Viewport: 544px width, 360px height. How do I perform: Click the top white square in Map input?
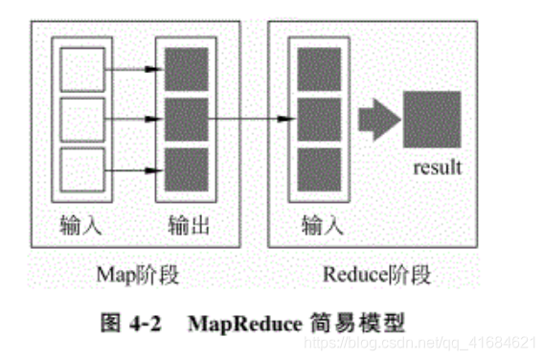point(77,68)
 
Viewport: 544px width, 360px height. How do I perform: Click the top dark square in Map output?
point(185,68)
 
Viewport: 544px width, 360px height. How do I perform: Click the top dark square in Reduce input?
point(318,68)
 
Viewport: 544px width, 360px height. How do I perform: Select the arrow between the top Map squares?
point(129,68)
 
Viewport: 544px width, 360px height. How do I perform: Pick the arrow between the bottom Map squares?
point(129,170)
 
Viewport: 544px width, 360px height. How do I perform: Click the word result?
point(437,168)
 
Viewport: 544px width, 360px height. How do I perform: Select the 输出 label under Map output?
point(186,227)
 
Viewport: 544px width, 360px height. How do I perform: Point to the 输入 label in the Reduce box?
point(319,227)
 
